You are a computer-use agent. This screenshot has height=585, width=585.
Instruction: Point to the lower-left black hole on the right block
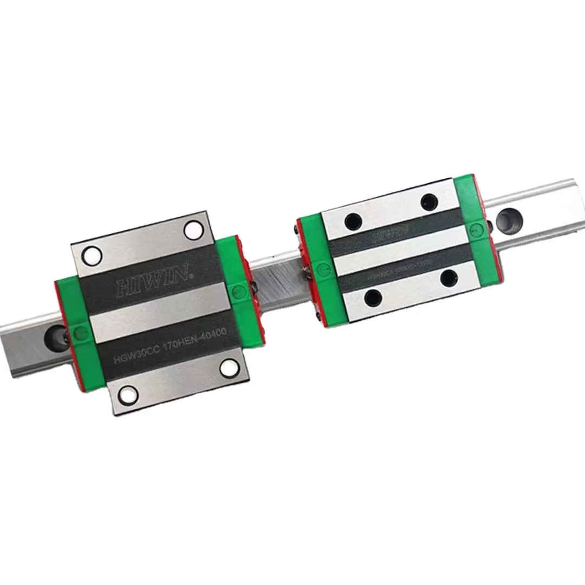pos(373,296)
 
